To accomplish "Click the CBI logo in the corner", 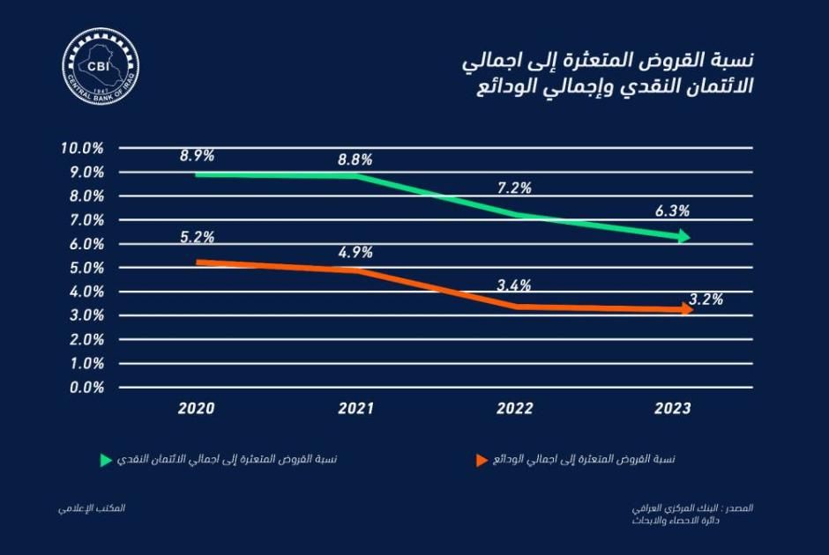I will pyautogui.click(x=101, y=66).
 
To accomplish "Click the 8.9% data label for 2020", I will pyautogui.click(x=197, y=156).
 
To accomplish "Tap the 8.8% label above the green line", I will pyautogui.click(x=355, y=160).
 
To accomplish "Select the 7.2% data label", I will pyautogui.click(x=513, y=188).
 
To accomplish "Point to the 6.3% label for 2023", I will pyautogui.click(x=672, y=211).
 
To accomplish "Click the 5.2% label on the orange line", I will pyautogui.click(x=197, y=237).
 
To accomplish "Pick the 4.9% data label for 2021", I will pyautogui.click(x=355, y=252).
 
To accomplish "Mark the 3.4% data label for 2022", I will pyautogui.click(x=513, y=285).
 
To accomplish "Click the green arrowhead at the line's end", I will pyautogui.click(x=683, y=236).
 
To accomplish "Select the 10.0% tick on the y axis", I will pyautogui.click(x=83, y=147).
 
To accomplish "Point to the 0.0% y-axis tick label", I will pyautogui.click(x=86, y=387).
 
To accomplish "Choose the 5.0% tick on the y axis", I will pyautogui.click(x=86, y=267).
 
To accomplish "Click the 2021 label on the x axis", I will pyautogui.click(x=355, y=409).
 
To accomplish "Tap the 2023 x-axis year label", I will pyautogui.click(x=672, y=409).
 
